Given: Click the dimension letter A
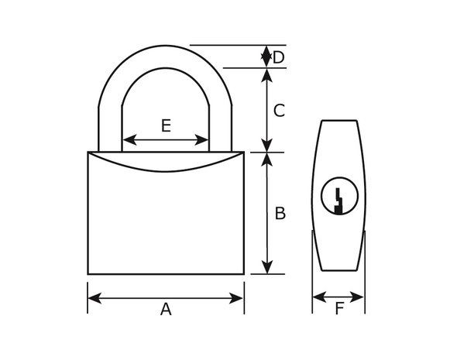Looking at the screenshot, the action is [x=166, y=310].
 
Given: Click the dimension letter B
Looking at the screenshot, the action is [x=280, y=214].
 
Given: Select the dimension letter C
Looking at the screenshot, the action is [x=279, y=111].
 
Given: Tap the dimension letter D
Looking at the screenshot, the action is [x=278, y=57].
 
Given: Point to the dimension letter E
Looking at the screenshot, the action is [x=167, y=125].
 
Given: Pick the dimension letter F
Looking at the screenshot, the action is [x=339, y=309].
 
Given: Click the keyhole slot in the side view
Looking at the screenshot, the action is [x=338, y=201].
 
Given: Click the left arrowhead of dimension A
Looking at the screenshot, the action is [x=94, y=298].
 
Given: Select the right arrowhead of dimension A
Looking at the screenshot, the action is [x=236, y=298].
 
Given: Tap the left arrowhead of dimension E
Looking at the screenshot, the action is [x=129, y=139].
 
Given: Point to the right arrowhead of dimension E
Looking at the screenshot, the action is [x=201, y=139].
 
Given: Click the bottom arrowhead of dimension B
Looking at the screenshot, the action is [x=267, y=267].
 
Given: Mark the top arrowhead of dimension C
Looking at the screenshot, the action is [x=267, y=75].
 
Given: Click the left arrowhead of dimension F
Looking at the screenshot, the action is [x=319, y=297].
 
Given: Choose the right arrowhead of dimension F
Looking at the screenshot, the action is [x=357, y=297].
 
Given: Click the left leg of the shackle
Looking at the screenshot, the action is [x=110, y=129].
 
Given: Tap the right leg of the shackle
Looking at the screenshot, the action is [x=221, y=129].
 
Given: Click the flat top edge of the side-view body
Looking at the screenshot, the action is [x=339, y=121].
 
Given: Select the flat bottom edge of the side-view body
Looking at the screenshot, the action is [x=339, y=270].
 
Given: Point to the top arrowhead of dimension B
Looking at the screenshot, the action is [x=267, y=159].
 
